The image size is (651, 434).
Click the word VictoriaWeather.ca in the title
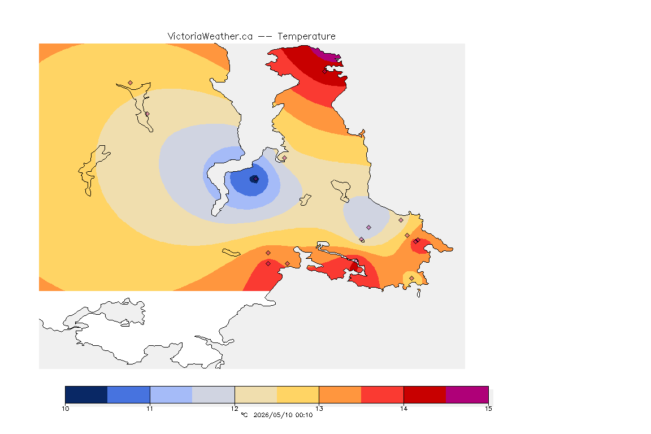210,36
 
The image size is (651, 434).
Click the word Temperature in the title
306,36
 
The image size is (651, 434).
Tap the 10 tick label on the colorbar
65,409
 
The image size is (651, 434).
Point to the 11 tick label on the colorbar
150,409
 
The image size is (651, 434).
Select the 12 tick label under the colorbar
235,409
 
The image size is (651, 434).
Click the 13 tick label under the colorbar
319,409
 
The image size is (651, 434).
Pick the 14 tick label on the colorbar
403,409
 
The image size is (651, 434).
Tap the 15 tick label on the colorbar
488,409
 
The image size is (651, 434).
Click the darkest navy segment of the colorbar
86,394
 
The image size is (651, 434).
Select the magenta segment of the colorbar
467,394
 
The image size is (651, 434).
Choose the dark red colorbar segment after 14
425,394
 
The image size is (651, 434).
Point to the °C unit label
244,415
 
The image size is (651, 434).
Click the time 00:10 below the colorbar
304,415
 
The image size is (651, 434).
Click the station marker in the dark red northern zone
325,71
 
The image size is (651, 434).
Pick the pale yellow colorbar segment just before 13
298,394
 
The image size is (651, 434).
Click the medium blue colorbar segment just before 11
129,394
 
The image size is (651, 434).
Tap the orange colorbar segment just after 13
340,394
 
